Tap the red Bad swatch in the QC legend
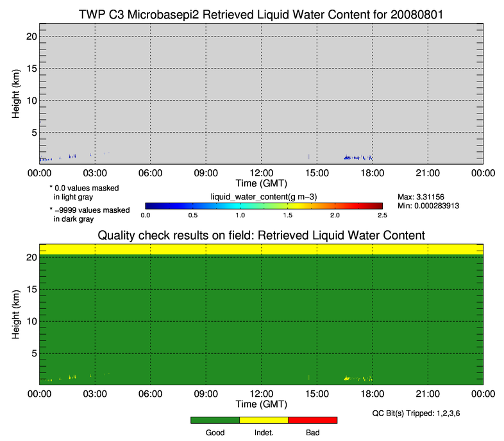(312, 420)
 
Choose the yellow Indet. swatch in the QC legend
(264, 420)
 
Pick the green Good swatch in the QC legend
(215, 420)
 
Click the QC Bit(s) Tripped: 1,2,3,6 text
(416, 413)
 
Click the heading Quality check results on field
(261, 235)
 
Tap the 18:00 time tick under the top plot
(372, 173)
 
